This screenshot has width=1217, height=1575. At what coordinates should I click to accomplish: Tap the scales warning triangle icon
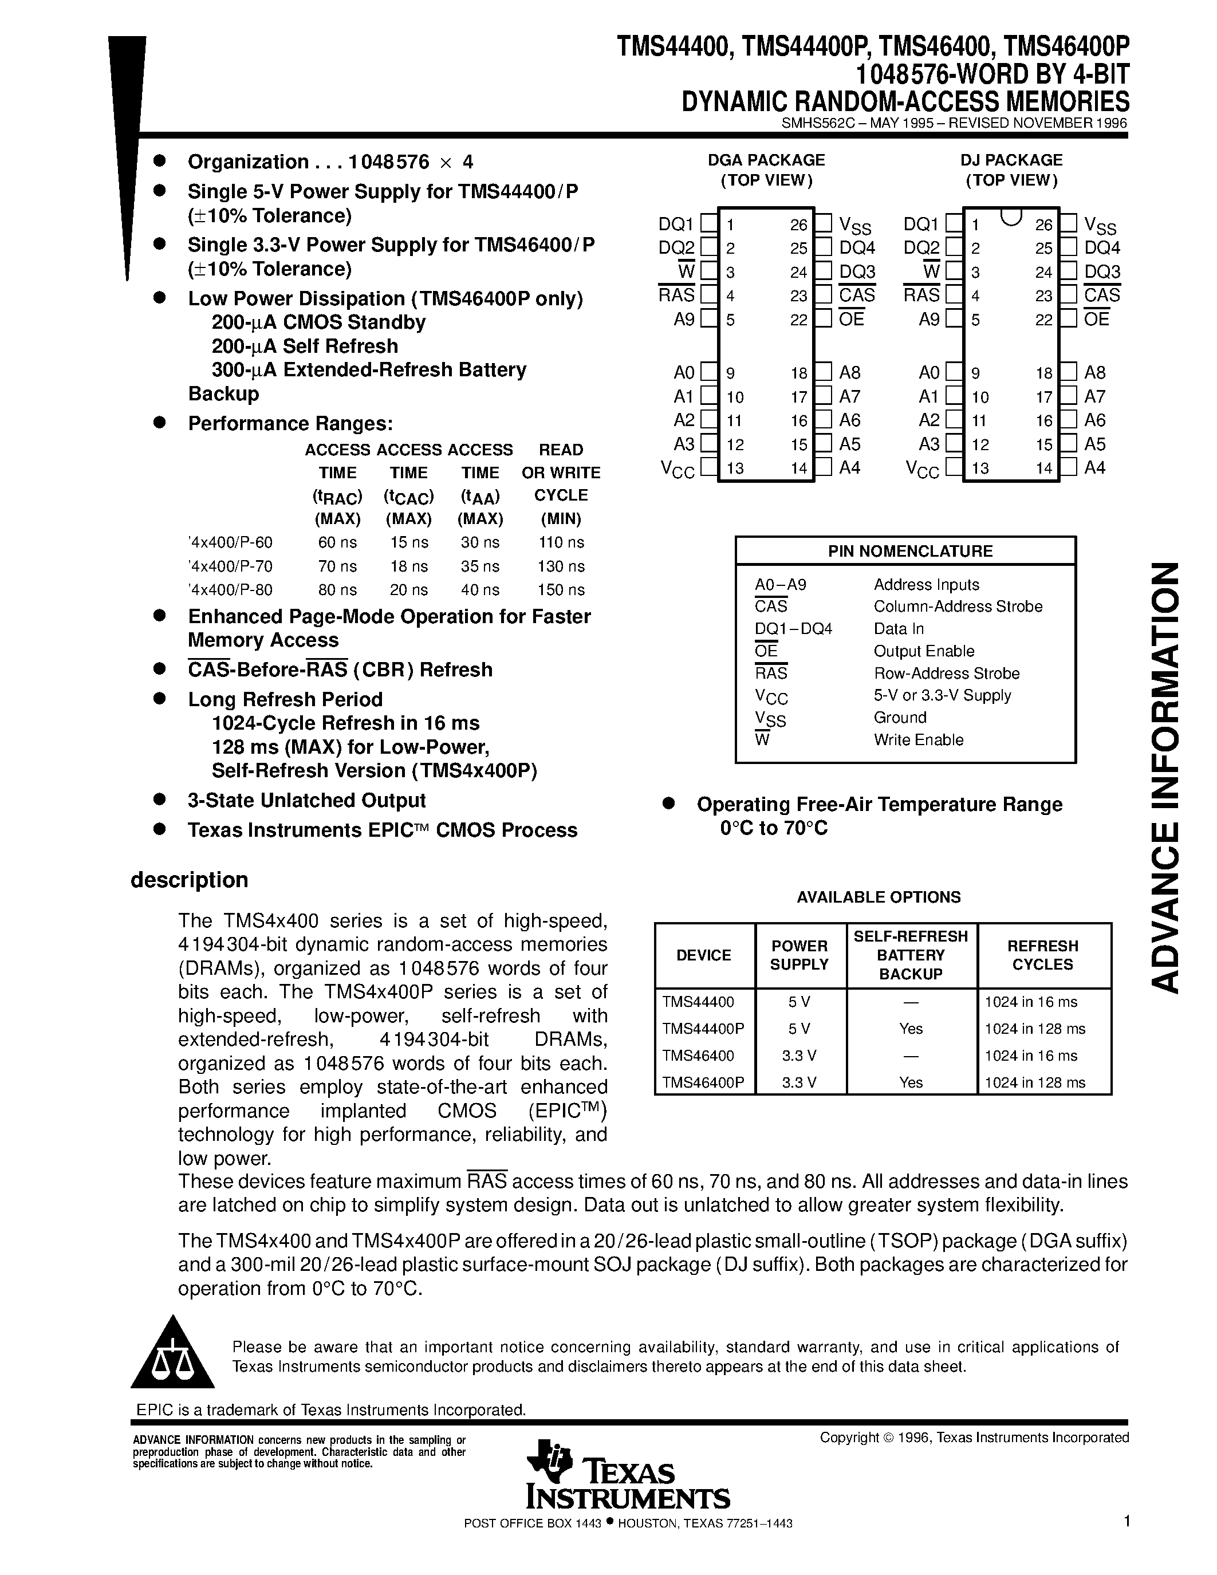pyautogui.click(x=172, y=1356)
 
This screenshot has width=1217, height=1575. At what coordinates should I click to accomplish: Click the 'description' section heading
pyautogui.click(x=189, y=880)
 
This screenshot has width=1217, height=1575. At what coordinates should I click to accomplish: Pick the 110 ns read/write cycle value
pyautogui.click(x=560, y=542)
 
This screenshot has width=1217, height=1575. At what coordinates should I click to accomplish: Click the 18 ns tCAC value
pyautogui.click(x=408, y=566)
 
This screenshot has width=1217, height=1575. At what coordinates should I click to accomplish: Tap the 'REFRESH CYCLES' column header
pyautogui.click(x=1042, y=955)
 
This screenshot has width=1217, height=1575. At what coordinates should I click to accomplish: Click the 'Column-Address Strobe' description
pyautogui.click(x=958, y=607)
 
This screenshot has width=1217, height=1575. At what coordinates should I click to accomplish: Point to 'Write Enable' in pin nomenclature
pyautogui.click(x=918, y=740)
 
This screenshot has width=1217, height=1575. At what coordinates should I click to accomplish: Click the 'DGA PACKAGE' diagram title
pyautogui.click(x=766, y=160)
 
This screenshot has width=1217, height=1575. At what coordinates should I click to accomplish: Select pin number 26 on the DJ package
pyautogui.click(x=1043, y=225)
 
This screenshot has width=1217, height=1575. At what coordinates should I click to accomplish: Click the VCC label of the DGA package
pyautogui.click(x=677, y=470)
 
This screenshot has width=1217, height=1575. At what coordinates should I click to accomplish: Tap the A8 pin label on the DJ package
pyautogui.click(x=1094, y=373)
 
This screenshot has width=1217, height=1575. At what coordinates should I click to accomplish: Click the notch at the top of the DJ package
pyautogui.click(x=1011, y=216)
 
